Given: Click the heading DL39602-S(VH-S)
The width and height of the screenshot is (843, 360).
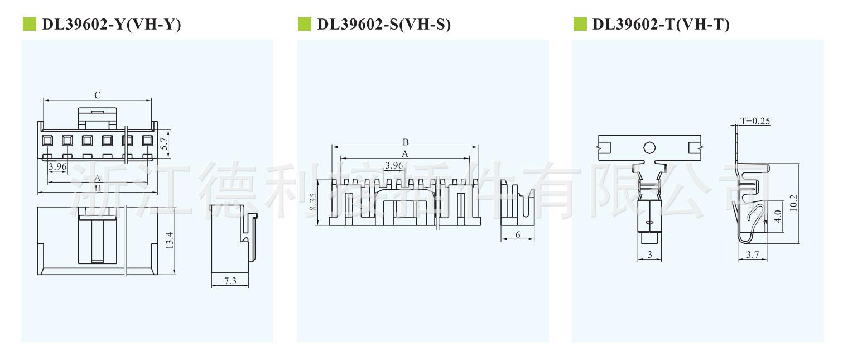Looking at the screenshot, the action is [383, 25].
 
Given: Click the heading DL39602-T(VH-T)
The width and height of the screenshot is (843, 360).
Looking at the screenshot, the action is [661, 25].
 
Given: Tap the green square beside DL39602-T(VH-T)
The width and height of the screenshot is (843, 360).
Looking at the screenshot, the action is [580, 24].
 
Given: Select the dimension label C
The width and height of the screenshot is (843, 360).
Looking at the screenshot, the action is [97, 95].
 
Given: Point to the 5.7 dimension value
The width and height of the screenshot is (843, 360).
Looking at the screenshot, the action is [164, 143].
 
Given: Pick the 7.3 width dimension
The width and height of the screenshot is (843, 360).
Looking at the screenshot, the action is [230, 281].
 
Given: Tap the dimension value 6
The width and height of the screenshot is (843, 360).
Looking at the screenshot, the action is [517, 235].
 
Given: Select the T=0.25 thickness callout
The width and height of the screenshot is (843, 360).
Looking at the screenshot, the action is [755, 121].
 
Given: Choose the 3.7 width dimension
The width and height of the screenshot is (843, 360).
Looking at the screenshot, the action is [752, 256].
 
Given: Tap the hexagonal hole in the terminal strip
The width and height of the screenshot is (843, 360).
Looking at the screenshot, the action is [649, 147].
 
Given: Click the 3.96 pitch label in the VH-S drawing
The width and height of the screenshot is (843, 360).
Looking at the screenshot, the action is [394, 165].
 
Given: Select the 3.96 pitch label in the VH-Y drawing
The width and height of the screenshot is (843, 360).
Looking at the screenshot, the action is [57, 166].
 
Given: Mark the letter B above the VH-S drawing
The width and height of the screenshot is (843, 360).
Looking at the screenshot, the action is [406, 142].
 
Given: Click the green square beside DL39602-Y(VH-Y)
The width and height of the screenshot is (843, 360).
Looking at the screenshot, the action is [28, 24].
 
